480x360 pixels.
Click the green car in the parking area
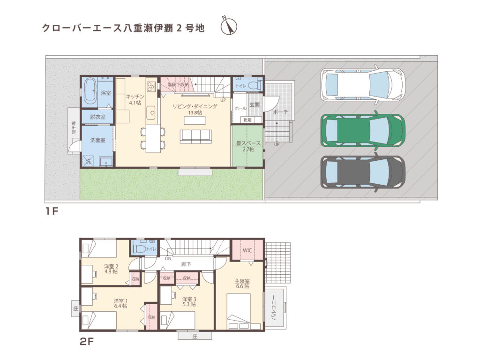362,131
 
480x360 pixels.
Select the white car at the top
362,84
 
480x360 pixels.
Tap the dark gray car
362,172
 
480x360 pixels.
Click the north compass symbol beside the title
229,26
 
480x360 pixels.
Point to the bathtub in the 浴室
90,92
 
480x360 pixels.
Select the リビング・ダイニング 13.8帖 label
195,110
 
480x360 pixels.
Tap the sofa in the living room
196,136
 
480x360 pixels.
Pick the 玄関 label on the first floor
255,105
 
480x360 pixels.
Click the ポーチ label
280,112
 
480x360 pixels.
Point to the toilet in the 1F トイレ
254,86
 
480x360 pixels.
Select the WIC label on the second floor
247,250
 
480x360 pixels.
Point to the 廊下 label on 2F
186,264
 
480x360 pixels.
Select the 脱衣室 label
97,117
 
